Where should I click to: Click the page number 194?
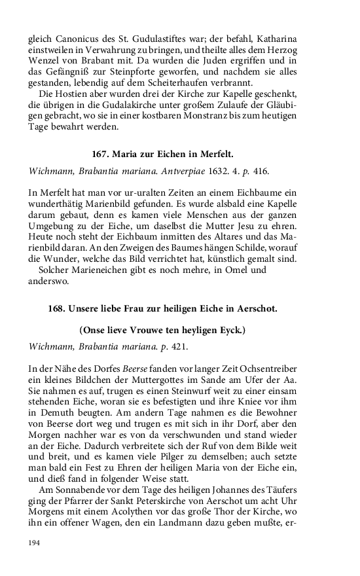[x=35, y=542]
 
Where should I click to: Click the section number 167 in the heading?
[x=100, y=154]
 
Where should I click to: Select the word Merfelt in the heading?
[x=216, y=154]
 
